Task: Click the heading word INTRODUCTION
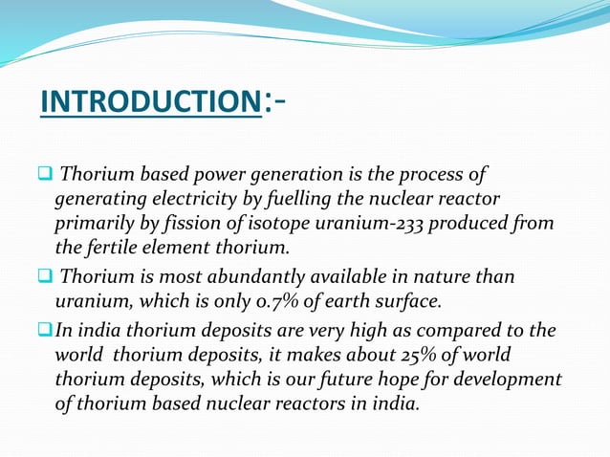click(x=150, y=102)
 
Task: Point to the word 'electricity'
click(x=179, y=200)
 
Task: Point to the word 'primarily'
click(x=93, y=225)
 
